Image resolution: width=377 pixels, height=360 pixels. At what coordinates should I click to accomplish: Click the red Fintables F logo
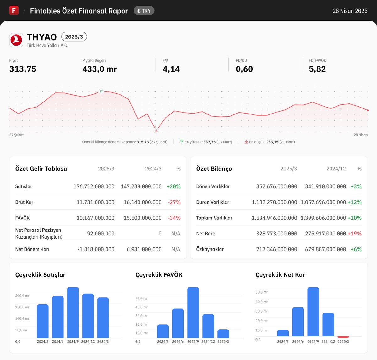tap(14, 10)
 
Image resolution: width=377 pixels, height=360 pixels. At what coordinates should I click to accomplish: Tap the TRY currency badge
tap(144, 11)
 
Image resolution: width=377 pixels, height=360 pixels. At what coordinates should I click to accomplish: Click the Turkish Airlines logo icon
tap(16, 40)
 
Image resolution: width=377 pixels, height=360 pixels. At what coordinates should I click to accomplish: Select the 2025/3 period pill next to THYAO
tap(74, 37)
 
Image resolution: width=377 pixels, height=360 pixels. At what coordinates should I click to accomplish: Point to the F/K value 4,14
tap(171, 69)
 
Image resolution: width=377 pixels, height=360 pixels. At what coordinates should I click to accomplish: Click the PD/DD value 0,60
tap(244, 69)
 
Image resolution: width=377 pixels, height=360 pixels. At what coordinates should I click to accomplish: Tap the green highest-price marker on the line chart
tap(101, 91)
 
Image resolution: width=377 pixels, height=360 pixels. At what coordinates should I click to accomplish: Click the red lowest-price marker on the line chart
tap(156, 130)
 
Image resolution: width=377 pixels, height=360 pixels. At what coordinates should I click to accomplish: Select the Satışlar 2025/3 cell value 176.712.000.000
tap(94, 186)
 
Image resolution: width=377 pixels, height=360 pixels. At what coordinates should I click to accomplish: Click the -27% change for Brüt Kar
tap(174, 202)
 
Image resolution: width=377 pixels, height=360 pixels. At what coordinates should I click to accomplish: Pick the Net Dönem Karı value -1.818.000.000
tap(96, 249)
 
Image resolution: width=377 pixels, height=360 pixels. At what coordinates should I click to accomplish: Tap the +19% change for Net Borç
tap(354, 234)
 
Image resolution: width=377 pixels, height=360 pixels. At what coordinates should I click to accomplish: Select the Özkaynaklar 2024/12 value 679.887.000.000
tap(325, 249)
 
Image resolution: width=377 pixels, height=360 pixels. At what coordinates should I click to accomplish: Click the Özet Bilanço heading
tap(214, 169)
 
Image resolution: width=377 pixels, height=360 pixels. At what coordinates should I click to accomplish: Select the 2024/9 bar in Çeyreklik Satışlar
tap(73, 313)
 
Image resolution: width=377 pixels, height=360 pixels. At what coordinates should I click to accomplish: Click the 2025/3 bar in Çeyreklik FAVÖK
tap(223, 334)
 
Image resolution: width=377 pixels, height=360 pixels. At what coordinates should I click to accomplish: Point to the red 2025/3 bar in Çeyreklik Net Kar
tap(343, 337)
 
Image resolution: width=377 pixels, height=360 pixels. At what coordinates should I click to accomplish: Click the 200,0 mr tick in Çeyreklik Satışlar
tap(22, 296)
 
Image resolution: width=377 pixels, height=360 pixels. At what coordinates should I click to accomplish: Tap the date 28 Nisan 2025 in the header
tap(350, 11)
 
